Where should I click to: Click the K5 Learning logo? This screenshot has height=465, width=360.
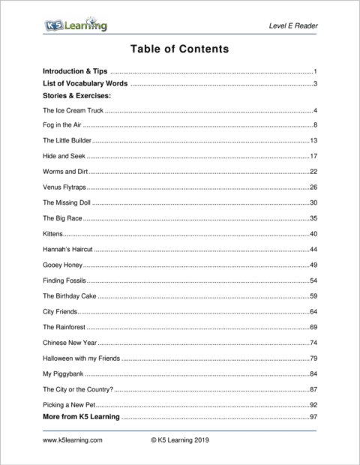pyautogui.click(x=74, y=26)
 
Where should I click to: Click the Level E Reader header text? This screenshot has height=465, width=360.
pyautogui.click(x=292, y=27)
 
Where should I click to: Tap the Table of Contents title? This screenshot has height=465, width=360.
pyautogui.click(x=179, y=49)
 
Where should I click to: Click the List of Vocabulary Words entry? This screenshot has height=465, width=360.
pyautogui.click(x=85, y=83)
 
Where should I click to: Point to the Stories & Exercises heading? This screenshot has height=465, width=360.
pyautogui.click(x=76, y=96)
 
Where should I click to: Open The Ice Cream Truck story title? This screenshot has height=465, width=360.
pyautogui.click(x=72, y=111)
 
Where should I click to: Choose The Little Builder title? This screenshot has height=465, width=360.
pyautogui.click(x=67, y=140)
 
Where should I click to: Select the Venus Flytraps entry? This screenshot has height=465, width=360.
pyautogui.click(x=64, y=187)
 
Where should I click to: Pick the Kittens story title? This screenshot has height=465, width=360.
pyautogui.click(x=52, y=234)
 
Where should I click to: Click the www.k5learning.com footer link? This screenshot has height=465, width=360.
pyautogui.click(x=72, y=440)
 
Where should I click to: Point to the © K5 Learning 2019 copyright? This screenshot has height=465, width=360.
pyautogui.click(x=179, y=440)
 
